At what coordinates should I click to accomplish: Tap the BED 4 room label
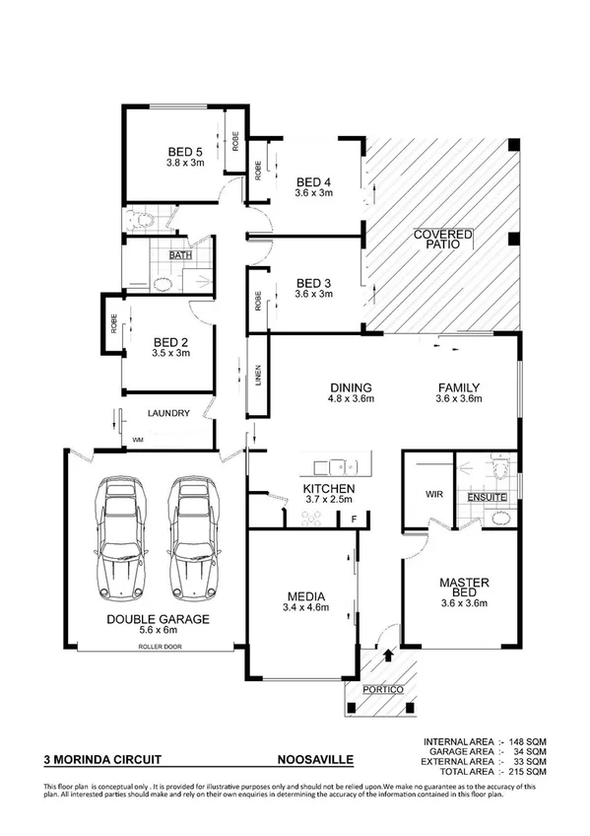tap(314, 181)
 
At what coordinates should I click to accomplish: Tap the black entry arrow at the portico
tap(386, 652)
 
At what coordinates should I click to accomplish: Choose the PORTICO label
tap(383, 689)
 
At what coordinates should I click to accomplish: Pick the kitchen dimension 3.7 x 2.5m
tap(328, 502)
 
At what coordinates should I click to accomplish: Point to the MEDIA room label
tap(300, 596)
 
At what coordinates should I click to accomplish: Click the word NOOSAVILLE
tap(313, 760)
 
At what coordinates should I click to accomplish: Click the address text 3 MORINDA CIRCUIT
tap(102, 760)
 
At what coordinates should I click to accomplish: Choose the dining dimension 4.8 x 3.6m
tap(322, 399)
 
